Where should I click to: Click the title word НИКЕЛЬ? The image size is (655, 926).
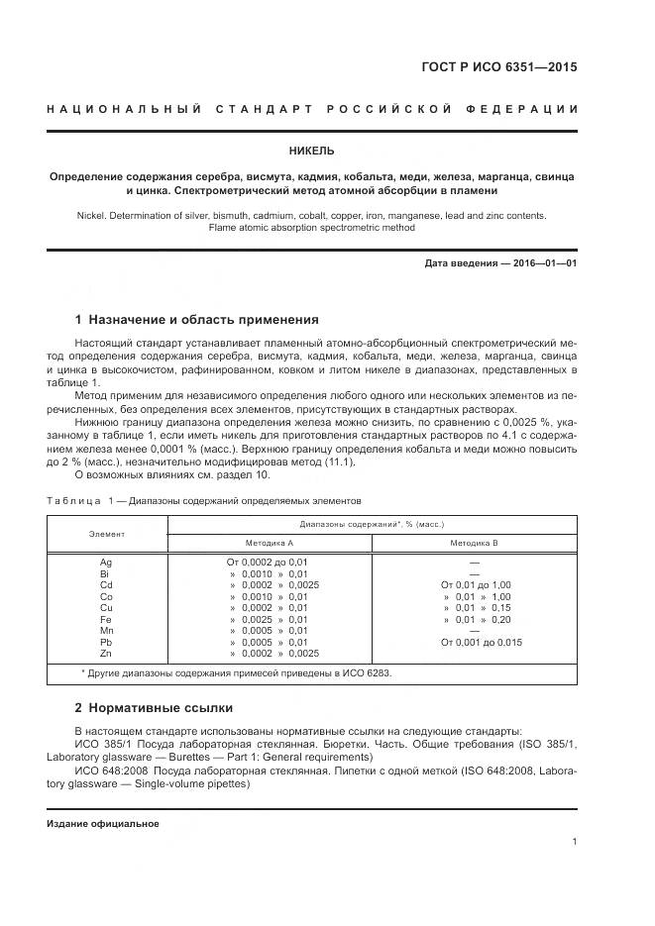tap(311, 152)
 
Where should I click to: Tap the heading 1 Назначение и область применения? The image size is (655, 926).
tap(197, 320)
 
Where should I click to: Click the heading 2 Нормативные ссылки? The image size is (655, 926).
tap(155, 708)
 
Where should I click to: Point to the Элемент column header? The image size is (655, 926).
tap(107, 534)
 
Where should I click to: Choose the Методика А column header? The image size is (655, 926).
tap(270, 544)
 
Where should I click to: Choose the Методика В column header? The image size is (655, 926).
tap(474, 544)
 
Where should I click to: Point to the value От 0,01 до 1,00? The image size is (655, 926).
tap(476, 585)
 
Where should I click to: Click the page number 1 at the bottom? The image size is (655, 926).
tap(574, 841)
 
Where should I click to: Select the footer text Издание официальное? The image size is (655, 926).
tap(103, 824)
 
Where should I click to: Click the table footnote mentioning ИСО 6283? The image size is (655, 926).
tap(236, 673)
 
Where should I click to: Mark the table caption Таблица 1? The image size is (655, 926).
tap(81, 500)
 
